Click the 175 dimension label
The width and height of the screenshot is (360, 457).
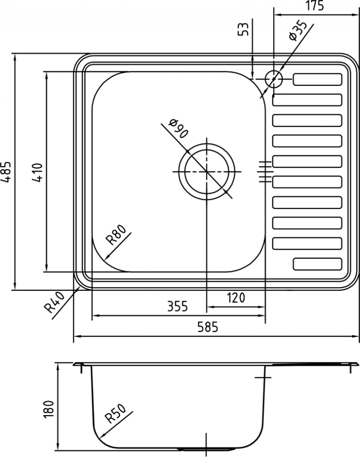pyautogui.click(x=315, y=6)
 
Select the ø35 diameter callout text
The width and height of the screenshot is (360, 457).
pyautogui.click(x=297, y=31)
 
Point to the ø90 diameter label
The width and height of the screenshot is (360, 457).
pyautogui.click(x=178, y=129)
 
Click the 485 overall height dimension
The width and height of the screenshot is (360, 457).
pyautogui.click(x=6, y=172)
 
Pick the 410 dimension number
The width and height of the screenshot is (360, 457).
pyautogui.click(x=37, y=173)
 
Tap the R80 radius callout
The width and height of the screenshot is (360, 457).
pyautogui.click(x=116, y=235)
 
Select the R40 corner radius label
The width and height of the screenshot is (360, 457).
pyautogui.click(x=54, y=302)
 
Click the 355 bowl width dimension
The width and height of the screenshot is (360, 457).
pyautogui.click(x=178, y=306)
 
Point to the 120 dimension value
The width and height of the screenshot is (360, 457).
pyautogui.click(x=236, y=298)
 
